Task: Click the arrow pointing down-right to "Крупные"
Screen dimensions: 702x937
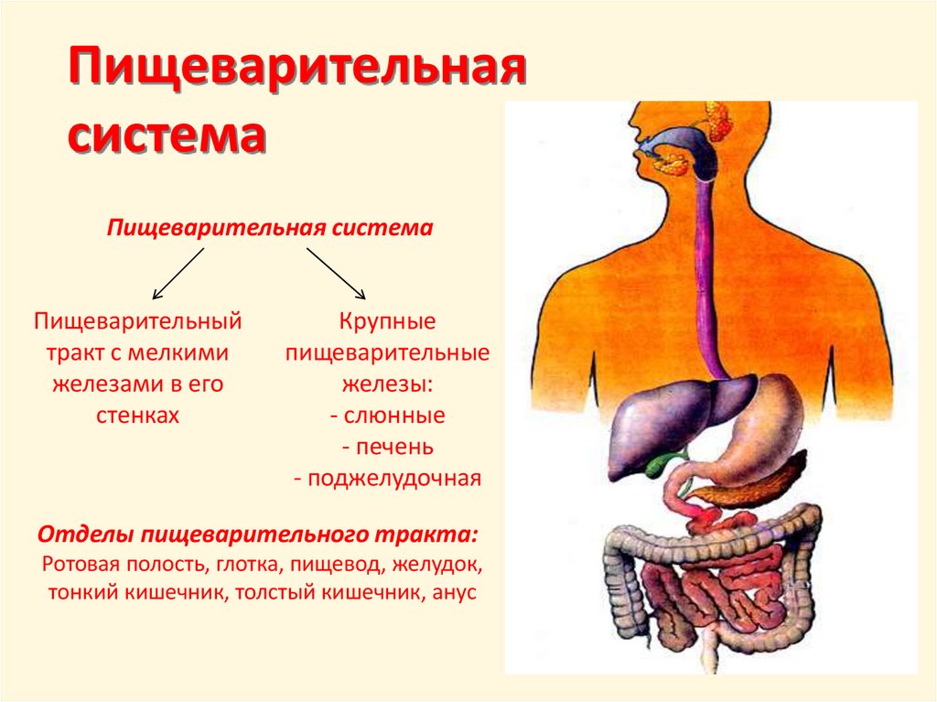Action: pyautogui.click(x=336, y=273)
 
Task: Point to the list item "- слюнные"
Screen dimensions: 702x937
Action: pyautogui.click(x=388, y=416)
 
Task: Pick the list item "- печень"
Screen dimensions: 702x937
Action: pyautogui.click(x=388, y=448)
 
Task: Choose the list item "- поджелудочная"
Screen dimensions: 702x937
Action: pyautogui.click(x=388, y=479)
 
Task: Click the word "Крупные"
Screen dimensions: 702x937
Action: pyautogui.click(x=388, y=322)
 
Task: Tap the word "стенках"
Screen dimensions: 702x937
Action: pyautogui.click(x=137, y=416)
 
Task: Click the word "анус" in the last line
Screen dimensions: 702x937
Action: pyautogui.click(x=451, y=592)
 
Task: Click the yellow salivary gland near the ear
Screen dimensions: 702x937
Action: pyautogui.click(x=716, y=120)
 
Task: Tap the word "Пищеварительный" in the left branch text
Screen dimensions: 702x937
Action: pyautogui.click(x=137, y=322)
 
